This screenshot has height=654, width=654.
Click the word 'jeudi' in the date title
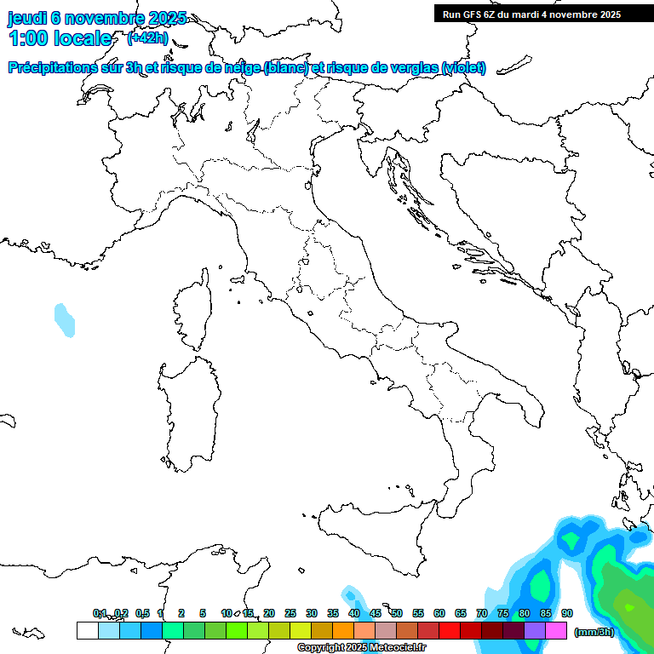click(27, 19)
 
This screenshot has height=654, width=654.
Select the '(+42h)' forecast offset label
click(147, 38)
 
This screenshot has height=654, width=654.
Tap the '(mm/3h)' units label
click(594, 632)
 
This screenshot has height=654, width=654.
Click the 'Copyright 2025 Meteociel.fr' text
click(361, 648)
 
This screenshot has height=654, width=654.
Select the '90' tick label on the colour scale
click(567, 613)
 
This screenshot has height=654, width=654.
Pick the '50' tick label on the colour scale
click(397, 613)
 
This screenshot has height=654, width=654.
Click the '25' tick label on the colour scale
click(290, 613)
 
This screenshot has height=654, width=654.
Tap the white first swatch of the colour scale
click(87, 630)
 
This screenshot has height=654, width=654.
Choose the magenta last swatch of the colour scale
click(556, 630)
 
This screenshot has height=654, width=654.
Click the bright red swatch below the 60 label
click(449, 630)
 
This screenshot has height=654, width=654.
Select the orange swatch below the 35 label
click(342, 630)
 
